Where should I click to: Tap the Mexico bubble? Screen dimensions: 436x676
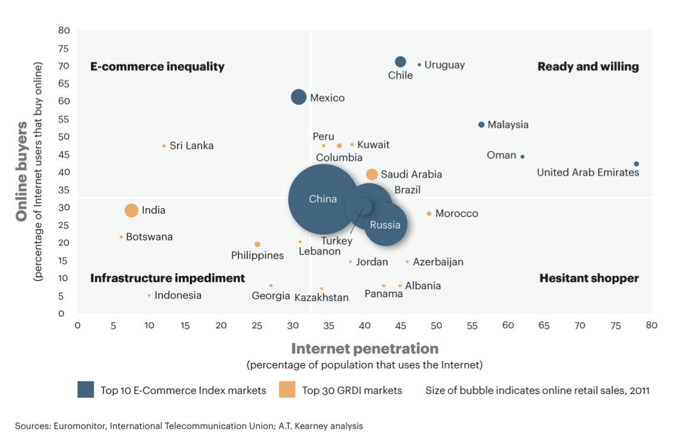point(299,97)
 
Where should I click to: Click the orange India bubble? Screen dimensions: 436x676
point(131,210)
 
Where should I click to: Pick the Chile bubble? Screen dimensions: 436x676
point(401,62)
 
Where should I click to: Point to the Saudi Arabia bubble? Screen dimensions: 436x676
point(372,174)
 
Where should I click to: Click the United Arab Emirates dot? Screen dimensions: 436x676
point(636,164)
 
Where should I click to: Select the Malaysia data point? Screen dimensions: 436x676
point(481,125)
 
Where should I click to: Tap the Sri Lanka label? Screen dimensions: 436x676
point(191,146)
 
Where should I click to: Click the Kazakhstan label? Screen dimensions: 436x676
point(321,297)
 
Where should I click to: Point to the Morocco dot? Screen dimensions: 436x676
point(429,214)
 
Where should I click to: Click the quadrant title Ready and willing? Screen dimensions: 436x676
point(588,66)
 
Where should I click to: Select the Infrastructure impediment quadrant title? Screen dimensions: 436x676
point(167,278)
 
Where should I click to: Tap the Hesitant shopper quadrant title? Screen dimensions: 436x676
point(589,278)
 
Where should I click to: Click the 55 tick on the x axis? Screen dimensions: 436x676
point(472,326)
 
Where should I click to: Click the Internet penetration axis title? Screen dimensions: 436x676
point(364,348)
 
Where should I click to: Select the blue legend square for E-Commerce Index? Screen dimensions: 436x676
point(85,390)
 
